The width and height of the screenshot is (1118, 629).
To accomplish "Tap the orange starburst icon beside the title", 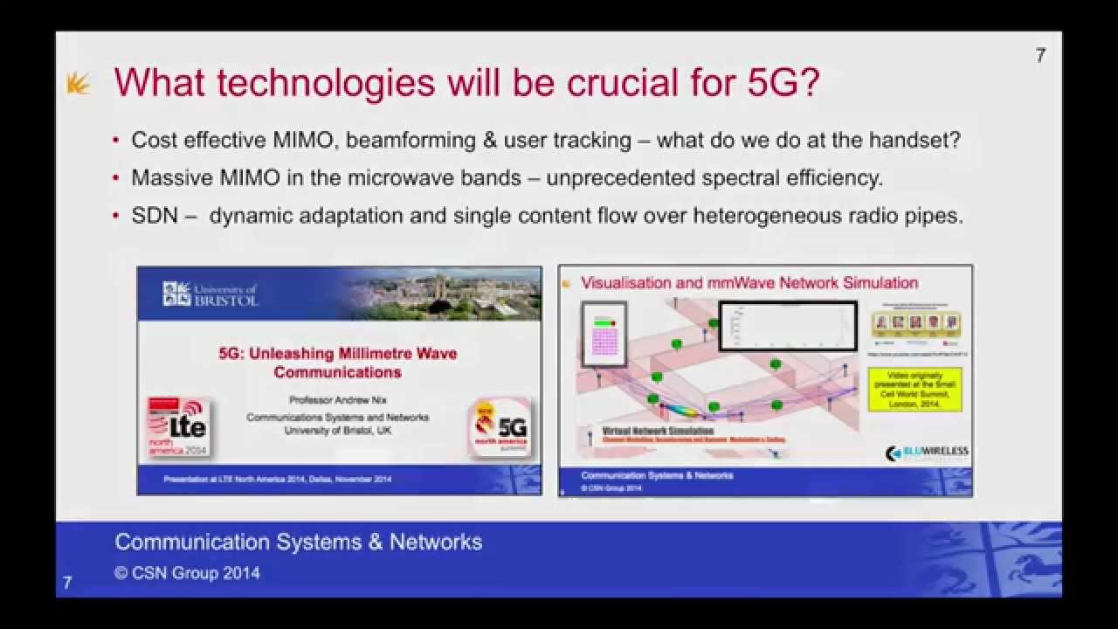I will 79,84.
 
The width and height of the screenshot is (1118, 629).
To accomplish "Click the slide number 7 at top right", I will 1039,55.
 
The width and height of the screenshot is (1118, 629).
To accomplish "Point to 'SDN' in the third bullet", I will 154,216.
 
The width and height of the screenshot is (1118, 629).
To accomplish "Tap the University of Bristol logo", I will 210,294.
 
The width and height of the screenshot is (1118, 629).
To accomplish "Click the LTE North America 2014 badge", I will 178,427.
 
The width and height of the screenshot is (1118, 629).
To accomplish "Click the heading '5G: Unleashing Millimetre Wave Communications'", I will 337,363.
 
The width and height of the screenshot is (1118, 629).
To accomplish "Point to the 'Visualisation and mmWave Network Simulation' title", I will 749,283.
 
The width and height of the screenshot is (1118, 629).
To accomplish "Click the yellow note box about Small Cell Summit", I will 914,390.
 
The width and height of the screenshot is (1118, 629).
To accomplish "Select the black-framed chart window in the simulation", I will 787,326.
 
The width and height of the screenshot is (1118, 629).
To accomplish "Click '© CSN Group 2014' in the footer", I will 187,574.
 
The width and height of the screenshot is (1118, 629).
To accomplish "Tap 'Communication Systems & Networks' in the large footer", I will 298,542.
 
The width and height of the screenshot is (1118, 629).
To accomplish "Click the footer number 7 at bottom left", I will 67,583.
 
